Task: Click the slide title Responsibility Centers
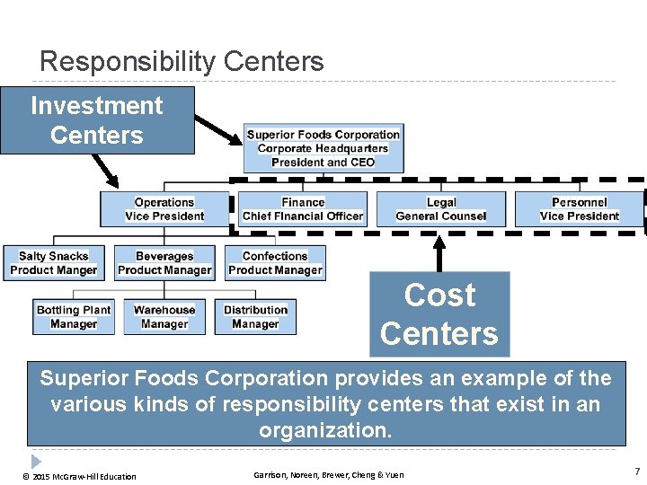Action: pyautogui.click(x=182, y=61)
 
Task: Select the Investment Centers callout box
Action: pyautogui.click(x=97, y=120)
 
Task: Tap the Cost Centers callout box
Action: pyautogui.click(x=439, y=314)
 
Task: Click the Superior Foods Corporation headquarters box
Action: pyautogui.click(x=323, y=148)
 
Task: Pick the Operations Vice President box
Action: pyautogui.click(x=164, y=209)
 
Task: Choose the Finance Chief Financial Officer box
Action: pyautogui.click(x=303, y=209)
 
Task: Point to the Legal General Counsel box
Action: pyautogui.click(x=441, y=209)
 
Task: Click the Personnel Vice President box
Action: pyautogui.click(x=580, y=209)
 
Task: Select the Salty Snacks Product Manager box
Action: pyautogui.click(x=54, y=263)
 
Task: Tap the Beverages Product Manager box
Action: pyautogui.click(x=164, y=263)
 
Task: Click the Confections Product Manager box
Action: pyautogui.click(x=275, y=263)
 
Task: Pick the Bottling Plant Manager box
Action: pyautogui.click(x=74, y=317)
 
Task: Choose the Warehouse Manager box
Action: pyautogui.click(x=164, y=317)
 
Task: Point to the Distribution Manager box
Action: pyautogui.click(x=255, y=317)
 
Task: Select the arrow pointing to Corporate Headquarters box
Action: pyautogui.click(x=217, y=128)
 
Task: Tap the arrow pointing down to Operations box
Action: pyautogui.click(x=104, y=169)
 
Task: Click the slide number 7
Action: pyautogui.click(x=636, y=472)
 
